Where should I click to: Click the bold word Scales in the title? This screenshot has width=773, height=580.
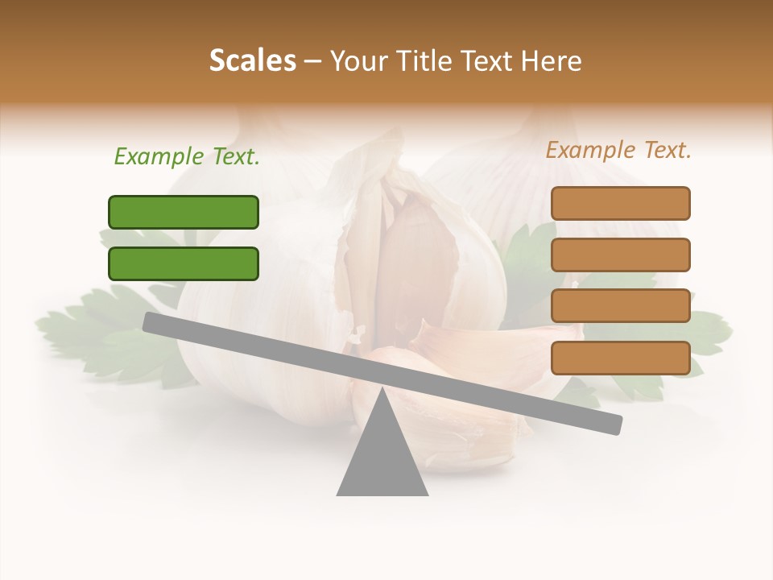click(x=252, y=61)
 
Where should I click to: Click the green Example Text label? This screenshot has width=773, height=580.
click(x=187, y=157)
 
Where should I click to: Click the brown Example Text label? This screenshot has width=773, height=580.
click(x=618, y=151)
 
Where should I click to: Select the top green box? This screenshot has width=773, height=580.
click(x=184, y=212)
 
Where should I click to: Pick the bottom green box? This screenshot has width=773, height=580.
click(x=184, y=263)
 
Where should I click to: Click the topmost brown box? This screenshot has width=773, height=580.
click(x=620, y=203)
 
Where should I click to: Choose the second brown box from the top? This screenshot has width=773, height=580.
click(x=620, y=255)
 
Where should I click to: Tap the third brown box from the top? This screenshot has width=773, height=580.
click(x=620, y=306)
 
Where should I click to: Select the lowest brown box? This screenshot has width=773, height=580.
click(x=620, y=358)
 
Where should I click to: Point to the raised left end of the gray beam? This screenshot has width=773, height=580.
click(x=150, y=321)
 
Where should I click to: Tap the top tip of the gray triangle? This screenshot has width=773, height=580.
click(x=382, y=390)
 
